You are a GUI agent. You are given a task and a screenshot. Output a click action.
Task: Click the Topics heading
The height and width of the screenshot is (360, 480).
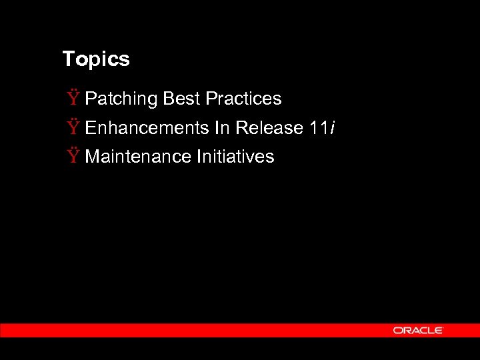96,59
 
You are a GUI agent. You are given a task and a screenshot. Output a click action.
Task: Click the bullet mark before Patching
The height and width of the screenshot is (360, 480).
72,99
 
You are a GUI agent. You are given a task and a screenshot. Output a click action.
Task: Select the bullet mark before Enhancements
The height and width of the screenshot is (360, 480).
72,127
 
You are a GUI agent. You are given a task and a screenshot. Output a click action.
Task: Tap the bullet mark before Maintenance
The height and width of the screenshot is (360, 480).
72,157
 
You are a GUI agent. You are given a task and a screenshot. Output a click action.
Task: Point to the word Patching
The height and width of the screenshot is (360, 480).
121,99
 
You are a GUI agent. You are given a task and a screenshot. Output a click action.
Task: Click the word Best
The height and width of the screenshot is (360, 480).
181,99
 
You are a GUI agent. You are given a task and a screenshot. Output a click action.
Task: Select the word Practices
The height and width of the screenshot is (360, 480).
243,99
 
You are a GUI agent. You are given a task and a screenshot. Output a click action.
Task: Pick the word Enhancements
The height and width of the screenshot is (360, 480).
147,127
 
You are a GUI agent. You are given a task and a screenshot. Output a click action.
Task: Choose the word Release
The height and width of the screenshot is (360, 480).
270,127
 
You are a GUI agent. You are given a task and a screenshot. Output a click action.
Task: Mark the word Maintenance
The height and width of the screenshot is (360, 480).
137,157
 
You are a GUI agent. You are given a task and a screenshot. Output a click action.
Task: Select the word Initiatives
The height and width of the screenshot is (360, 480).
235,157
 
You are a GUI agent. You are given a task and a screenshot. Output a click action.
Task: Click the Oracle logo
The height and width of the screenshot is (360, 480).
418,330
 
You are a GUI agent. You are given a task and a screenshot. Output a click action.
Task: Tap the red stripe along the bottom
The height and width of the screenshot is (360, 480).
200,330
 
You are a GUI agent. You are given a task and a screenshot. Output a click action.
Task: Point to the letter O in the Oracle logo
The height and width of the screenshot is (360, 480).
397,330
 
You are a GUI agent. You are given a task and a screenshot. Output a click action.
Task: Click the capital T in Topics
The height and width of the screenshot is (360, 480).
67,59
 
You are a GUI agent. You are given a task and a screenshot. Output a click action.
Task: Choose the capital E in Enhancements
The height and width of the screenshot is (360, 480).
91,127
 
